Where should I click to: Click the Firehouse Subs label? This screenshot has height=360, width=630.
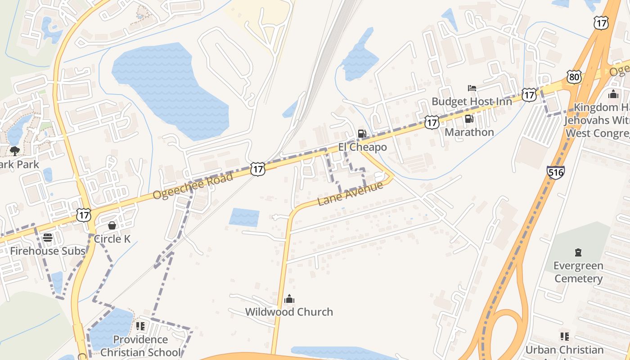48,251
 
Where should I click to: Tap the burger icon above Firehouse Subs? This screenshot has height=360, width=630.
48,238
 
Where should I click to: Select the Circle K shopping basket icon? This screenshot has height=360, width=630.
112,225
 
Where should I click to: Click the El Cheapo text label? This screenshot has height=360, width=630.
362,147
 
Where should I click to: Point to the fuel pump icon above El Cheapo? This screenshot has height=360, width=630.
362,134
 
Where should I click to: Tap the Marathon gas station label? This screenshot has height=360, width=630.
469,132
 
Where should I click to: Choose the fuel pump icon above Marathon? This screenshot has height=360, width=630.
469,119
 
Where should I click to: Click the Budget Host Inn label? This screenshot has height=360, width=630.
472,102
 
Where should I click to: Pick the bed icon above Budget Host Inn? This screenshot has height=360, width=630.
472,88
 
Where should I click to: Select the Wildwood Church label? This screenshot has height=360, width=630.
289,312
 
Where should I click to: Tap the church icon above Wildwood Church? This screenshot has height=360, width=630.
289,299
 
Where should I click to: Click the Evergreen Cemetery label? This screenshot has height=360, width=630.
578,272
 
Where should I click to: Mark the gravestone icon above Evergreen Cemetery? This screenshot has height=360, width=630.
578,252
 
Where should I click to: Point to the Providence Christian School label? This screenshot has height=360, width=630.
140,346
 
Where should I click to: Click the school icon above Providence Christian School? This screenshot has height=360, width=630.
140,326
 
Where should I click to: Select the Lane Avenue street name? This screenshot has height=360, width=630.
350,193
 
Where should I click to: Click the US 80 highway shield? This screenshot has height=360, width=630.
574,77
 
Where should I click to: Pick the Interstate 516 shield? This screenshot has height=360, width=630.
556,172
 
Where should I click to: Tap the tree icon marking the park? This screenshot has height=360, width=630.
15,151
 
